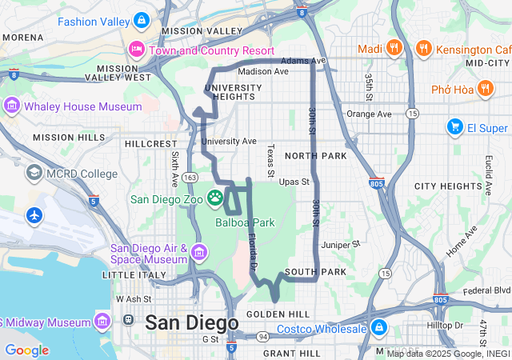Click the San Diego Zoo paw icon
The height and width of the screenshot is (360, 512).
point(215,197)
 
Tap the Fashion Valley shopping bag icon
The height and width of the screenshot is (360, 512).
point(142,19)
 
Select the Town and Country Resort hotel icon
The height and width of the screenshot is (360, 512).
point(137,50)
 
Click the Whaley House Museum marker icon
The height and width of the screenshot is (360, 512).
point(11,106)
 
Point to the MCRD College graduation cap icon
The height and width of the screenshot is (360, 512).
point(34,173)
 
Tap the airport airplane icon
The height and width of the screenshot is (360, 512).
point(34,215)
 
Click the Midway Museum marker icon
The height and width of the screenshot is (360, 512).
point(102,322)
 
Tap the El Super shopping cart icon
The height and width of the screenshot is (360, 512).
point(454,127)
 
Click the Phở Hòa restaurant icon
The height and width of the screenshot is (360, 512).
point(484,89)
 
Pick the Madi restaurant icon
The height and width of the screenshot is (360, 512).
point(394,49)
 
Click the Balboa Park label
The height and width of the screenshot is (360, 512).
point(245,222)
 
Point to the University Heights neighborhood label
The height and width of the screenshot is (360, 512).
point(234,92)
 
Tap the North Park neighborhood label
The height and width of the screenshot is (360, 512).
point(314,155)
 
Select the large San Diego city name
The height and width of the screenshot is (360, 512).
point(191,323)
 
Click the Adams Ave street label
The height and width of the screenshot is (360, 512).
point(303,60)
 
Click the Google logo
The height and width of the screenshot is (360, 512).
point(26,350)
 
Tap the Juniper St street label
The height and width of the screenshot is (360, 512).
point(341,244)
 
